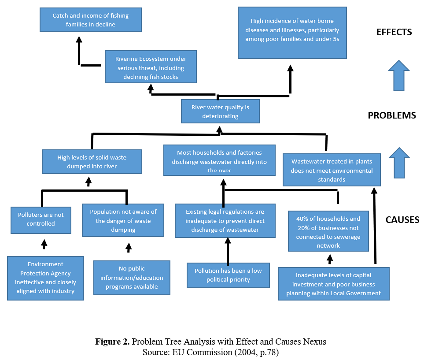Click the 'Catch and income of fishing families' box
(91, 20)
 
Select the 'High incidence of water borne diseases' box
(292, 33)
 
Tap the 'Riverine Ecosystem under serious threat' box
(151, 67)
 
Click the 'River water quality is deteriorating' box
(220, 111)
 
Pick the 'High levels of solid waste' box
(92, 162)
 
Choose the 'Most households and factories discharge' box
(219, 160)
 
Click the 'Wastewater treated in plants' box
(332, 170)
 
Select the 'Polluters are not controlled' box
(41, 220)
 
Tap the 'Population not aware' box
(123, 220)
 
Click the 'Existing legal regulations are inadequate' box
(225, 221)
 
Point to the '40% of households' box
(328, 231)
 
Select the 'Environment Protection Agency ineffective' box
(45, 278)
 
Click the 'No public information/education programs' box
(132, 278)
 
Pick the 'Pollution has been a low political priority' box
(228, 275)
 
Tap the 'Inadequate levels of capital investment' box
(334, 284)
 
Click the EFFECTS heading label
(394, 32)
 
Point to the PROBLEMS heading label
(392, 115)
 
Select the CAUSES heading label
(402, 220)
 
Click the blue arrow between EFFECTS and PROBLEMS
(399, 75)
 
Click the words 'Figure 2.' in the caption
(112, 341)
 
